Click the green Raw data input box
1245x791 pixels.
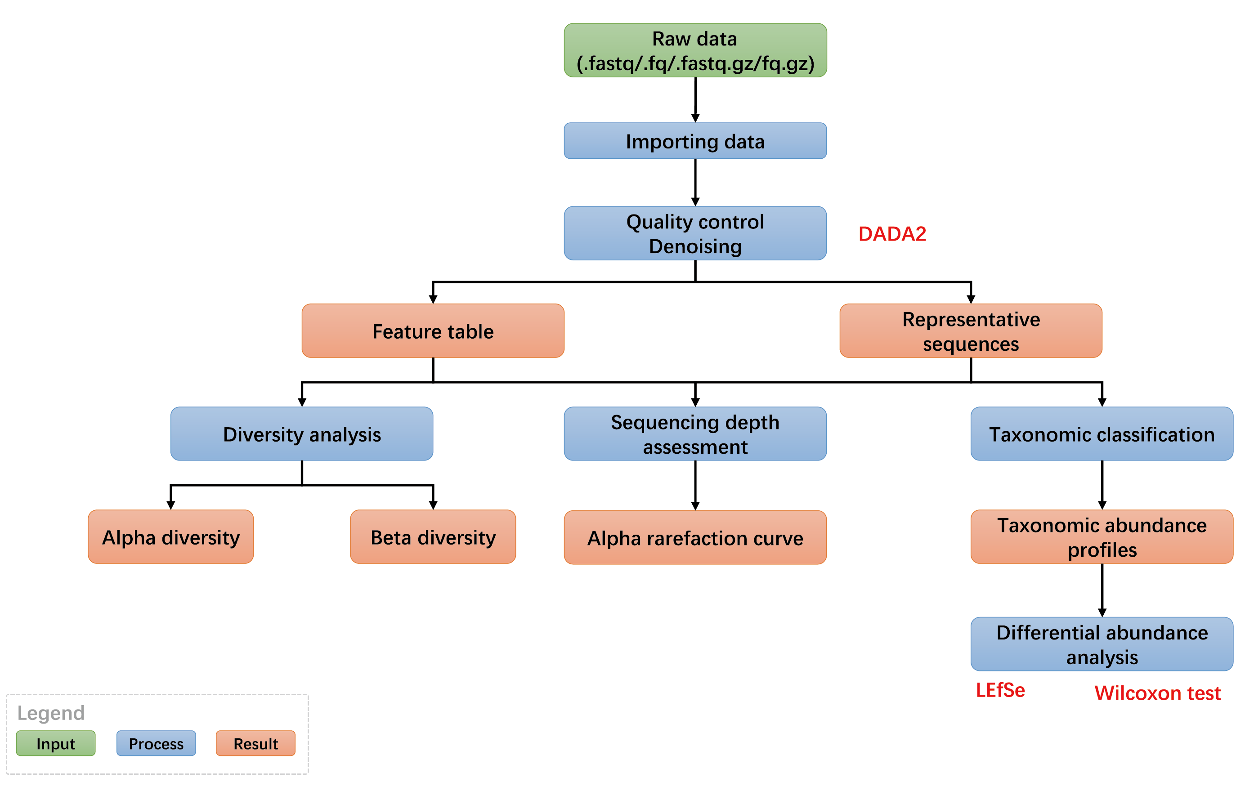click(x=695, y=50)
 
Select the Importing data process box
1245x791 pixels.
click(x=695, y=141)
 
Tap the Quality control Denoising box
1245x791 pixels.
click(x=695, y=233)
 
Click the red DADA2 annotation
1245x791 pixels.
click(x=892, y=234)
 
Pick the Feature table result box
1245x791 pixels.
click(x=433, y=331)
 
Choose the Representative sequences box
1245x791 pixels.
click(x=971, y=331)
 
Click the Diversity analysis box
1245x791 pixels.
click(x=302, y=434)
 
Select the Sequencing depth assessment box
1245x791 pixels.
click(x=695, y=434)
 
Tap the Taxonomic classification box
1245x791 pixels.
click(x=1102, y=434)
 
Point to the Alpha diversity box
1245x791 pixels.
click(x=170, y=536)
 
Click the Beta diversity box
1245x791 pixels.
click(x=433, y=536)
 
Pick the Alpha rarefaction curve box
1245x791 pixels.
click(x=695, y=538)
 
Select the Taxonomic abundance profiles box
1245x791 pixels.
click(x=1102, y=536)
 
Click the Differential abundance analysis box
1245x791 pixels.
click(x=1102, y=644)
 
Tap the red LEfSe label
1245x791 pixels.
click(x=1000, y=691)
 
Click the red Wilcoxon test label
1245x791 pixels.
click(x=1158, y=693)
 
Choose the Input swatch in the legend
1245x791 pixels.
click(x=55, y=743)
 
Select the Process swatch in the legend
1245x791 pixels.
click(x=156, y=743)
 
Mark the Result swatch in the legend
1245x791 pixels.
click(x=255, y=743)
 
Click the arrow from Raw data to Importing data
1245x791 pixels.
click(x=695, y=100)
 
